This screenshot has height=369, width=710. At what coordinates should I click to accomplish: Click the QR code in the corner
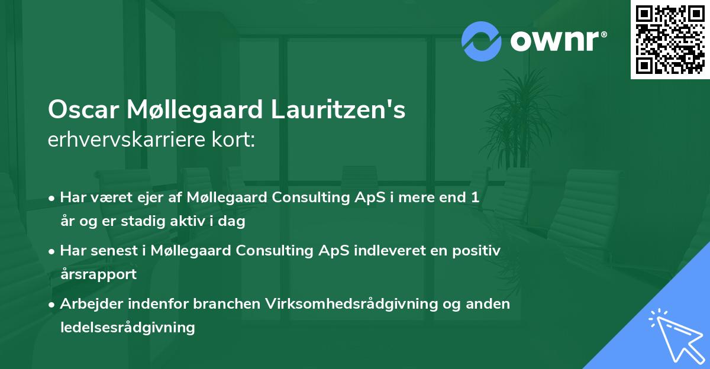click(670, 39)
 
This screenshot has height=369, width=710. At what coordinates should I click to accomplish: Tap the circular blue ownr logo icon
click(481, 41)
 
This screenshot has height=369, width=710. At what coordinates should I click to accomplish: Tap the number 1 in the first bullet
click(475, 198)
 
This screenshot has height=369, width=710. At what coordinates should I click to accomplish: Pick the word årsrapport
click(98, 274)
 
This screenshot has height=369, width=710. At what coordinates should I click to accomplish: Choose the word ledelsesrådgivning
click(127, 327)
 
